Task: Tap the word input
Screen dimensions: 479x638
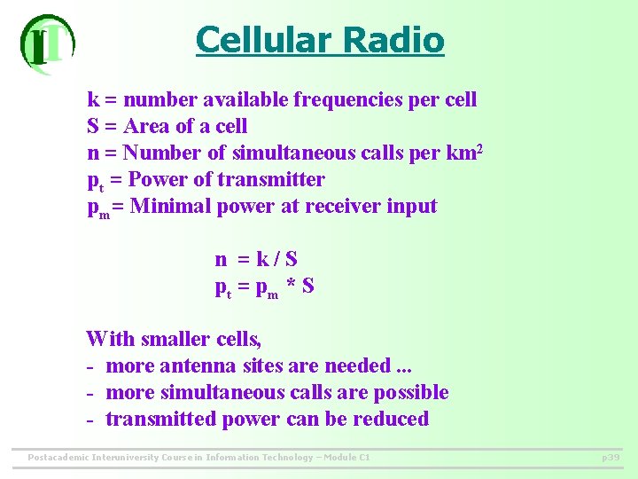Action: (412, 206)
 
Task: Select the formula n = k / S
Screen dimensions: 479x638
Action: (256, 259)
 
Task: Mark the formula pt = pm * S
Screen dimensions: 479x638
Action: (264, 287)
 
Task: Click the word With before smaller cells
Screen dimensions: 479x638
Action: (110, 338)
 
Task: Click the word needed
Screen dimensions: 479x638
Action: (357, 365)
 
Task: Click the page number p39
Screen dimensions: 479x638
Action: (611, 458)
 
